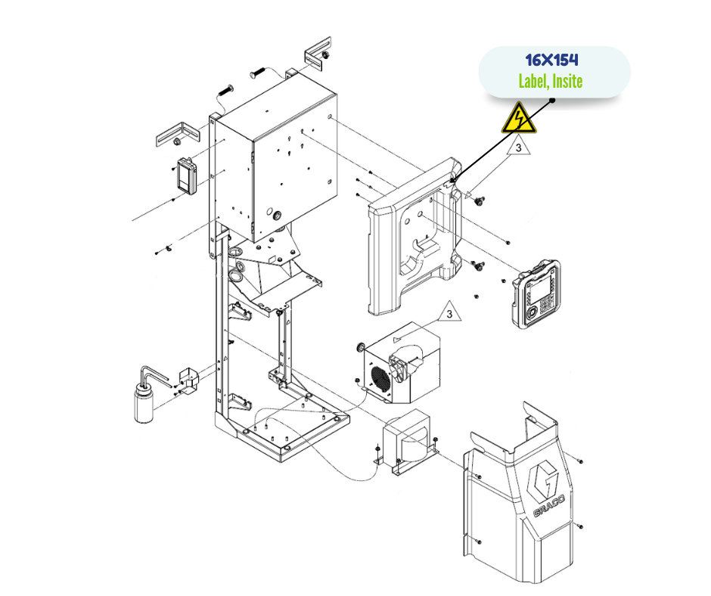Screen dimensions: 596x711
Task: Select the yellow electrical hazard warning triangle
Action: click(x=519, y=120)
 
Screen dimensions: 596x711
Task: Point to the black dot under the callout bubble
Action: click(x=553, y=99)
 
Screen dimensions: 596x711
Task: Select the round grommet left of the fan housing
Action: click(x=360, y=347)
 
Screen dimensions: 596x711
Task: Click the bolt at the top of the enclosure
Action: click(x=255, y=73)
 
